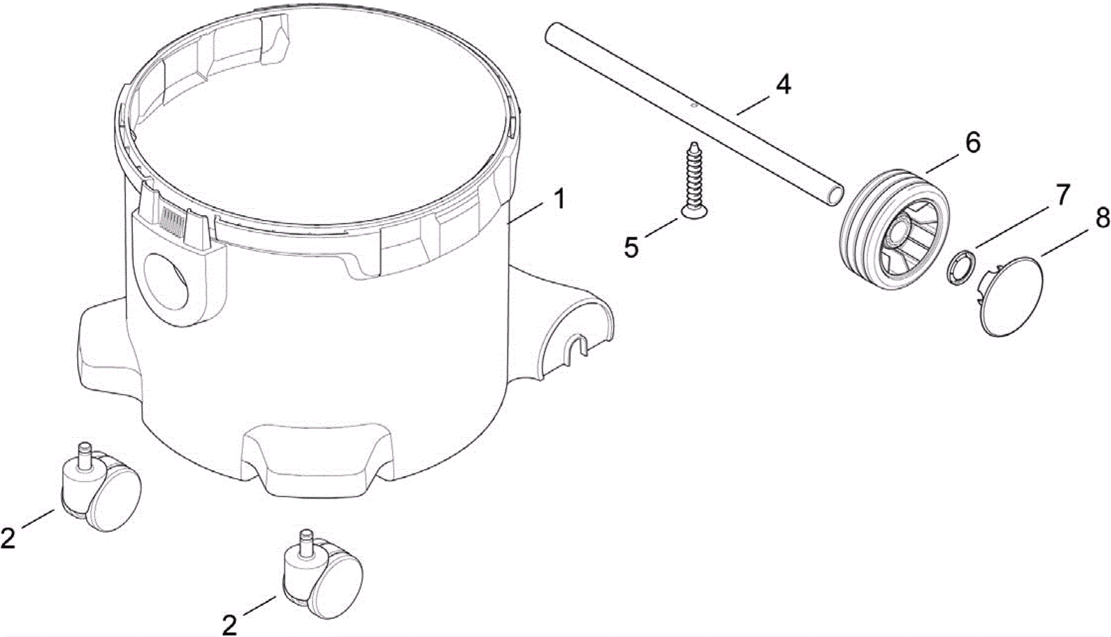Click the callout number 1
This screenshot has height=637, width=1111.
(x=560, y=200)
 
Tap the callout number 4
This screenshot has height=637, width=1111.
(x=783, y=85)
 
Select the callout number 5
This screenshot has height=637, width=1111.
(x=631, y=247)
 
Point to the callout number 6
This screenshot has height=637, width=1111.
(x=973, y=143)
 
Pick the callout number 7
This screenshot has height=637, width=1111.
(x=1061, y=195)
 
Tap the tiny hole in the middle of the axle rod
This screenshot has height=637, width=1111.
(x=694, y=105)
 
